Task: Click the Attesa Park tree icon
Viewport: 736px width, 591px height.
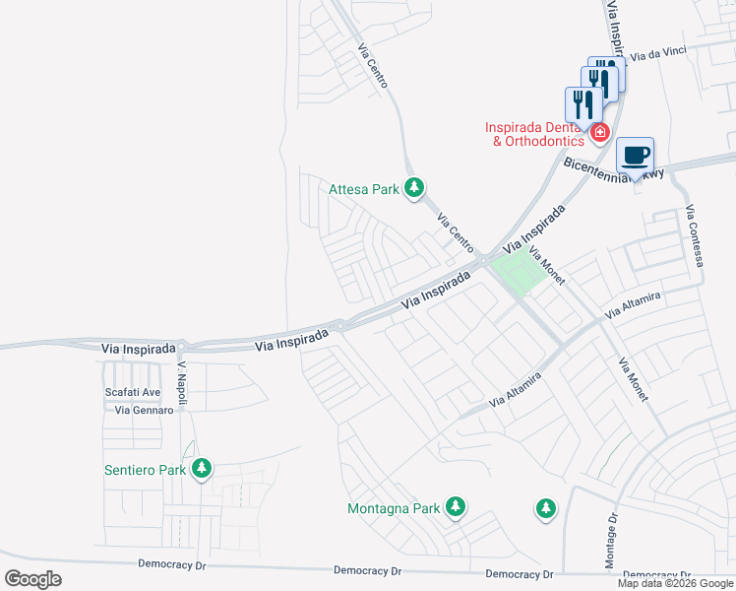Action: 415,187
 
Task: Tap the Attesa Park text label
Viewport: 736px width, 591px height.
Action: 363,188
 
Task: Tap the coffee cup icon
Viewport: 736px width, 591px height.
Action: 636,155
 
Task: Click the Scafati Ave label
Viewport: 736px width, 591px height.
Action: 133,392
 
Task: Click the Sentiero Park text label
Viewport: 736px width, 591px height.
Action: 145,470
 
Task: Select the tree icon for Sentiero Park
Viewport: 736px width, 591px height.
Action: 202,468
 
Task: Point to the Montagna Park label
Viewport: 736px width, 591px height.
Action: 393,509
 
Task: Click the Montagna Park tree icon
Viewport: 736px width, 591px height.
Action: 455,507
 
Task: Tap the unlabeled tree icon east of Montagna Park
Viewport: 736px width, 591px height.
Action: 545,508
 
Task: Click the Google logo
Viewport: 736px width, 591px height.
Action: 33,578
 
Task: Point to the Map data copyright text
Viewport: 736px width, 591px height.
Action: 675,583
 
